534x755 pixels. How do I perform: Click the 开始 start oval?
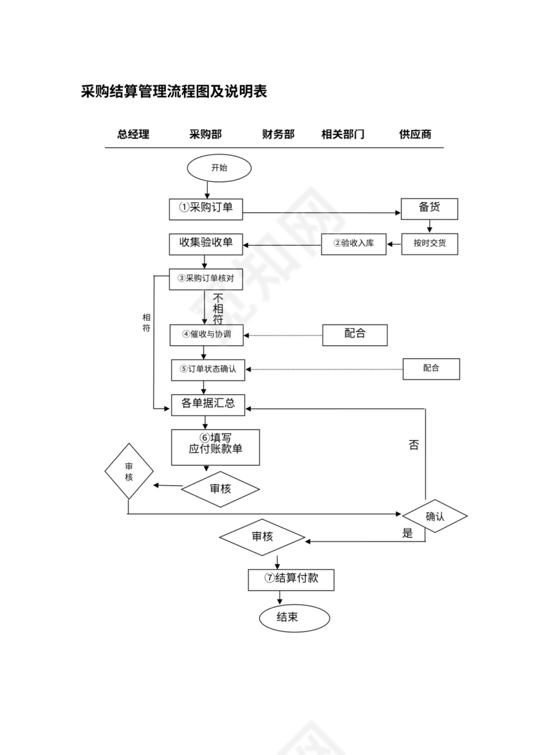(219, 168)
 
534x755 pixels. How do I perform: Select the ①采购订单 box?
(206, 208)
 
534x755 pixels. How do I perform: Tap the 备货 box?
(429, 208)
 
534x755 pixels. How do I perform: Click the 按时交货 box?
(430, 244)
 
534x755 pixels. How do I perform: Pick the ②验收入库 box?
(354, 244)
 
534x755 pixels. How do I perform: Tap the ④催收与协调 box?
(207, 334)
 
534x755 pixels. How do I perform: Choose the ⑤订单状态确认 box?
(208, 369)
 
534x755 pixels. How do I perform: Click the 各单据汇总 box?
(208, 404)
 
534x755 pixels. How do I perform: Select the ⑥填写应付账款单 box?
(216, 446)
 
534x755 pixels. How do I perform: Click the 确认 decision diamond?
(435, 516)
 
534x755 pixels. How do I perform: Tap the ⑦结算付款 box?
(291, 578)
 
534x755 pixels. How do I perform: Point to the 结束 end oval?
(295, 617)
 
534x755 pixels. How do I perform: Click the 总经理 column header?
(133, 134)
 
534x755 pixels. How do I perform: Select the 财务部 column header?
(278, 134)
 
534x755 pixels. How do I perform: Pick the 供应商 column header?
(415, 134)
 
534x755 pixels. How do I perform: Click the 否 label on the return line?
(413, 445)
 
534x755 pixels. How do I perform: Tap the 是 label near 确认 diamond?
(407, 533)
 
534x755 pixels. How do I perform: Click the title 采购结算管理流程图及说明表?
(174, 91)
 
